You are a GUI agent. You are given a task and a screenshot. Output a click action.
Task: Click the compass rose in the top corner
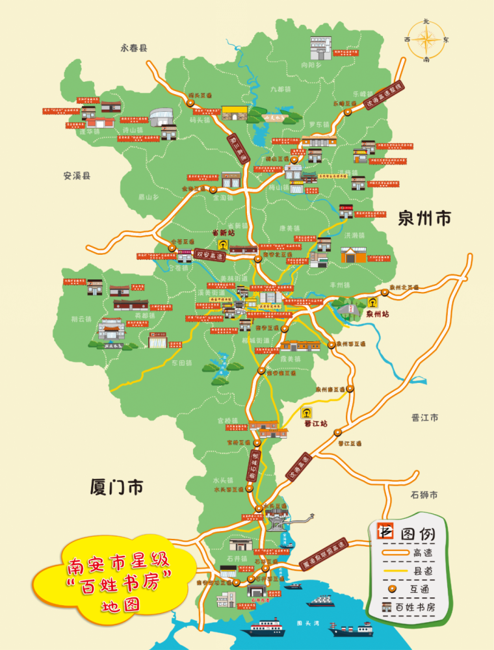426,40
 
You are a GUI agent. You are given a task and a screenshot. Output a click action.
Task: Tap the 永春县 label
134,47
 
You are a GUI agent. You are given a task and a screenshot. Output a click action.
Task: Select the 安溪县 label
77,175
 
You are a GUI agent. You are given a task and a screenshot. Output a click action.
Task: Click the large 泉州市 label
424,218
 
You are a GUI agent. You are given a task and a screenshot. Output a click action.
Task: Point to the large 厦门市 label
117,486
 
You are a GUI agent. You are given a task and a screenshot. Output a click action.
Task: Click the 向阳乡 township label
311,65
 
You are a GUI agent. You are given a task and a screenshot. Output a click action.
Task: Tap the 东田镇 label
179,363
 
